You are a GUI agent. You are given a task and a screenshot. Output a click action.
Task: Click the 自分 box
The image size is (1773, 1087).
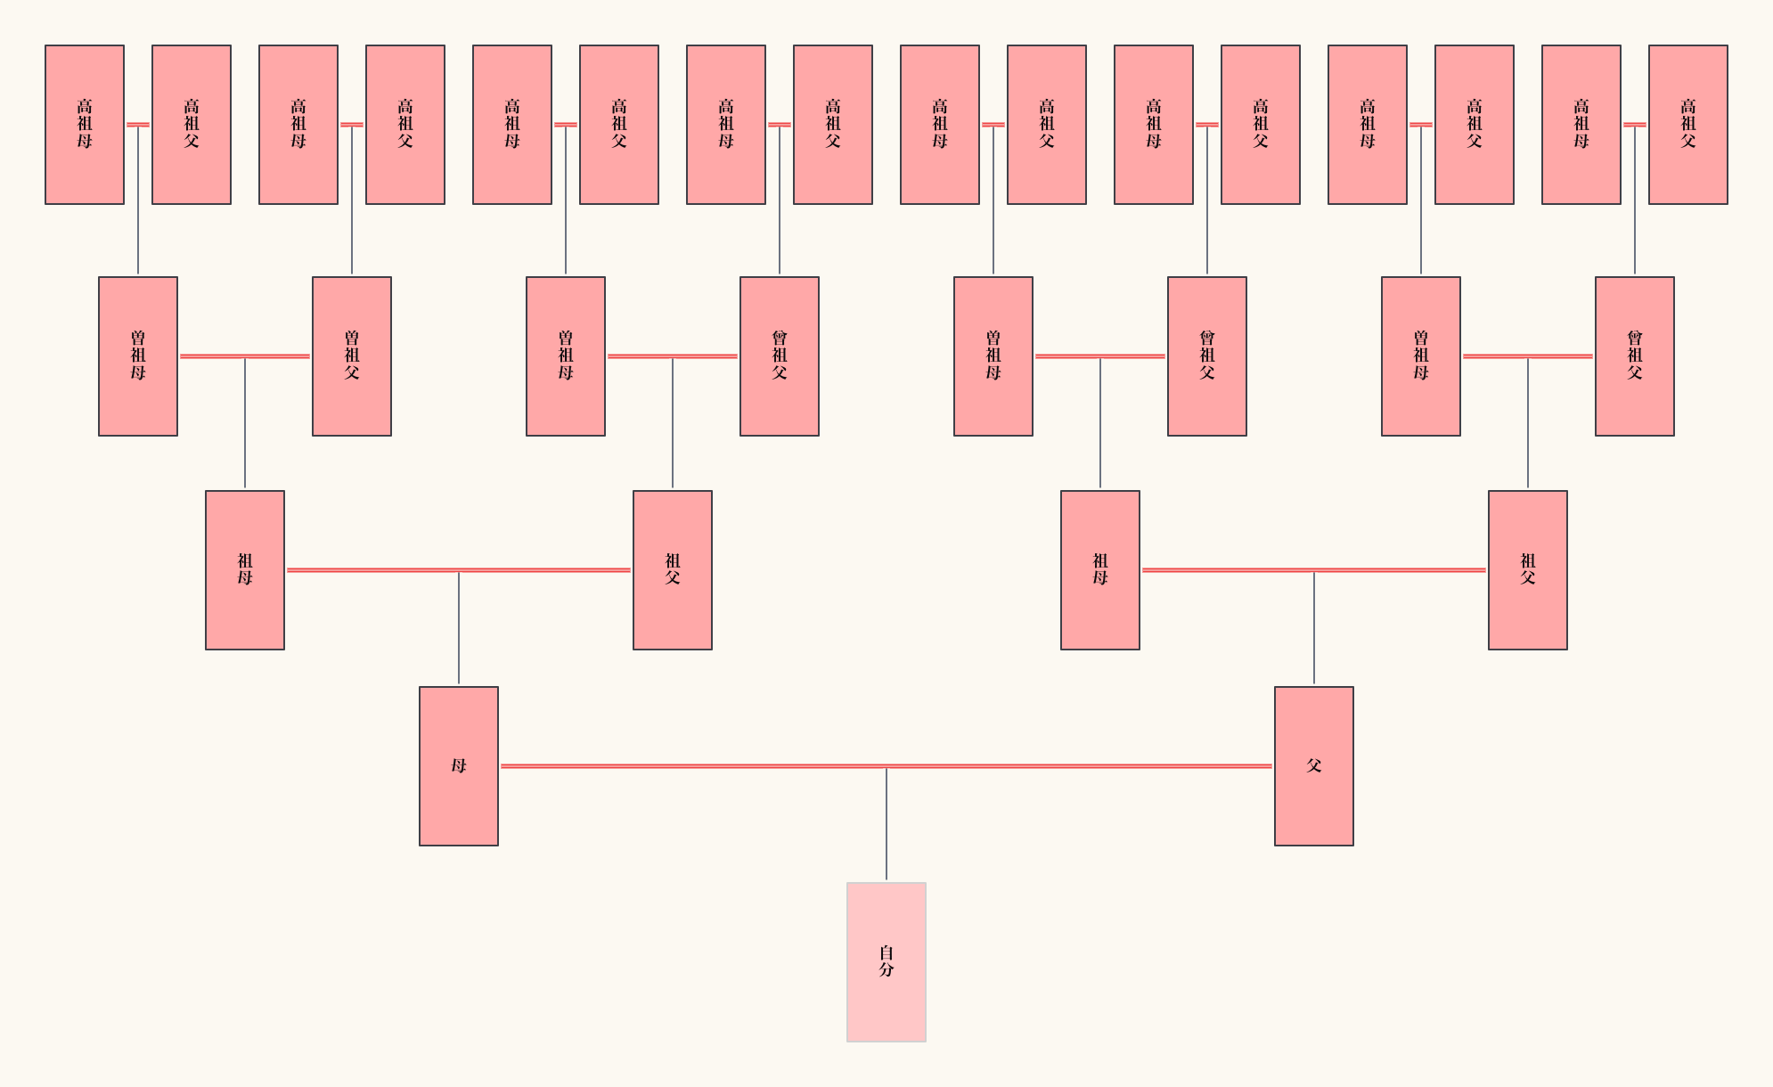pos(886,961)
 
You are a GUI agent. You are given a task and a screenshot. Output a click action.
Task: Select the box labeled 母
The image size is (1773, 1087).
pos(458,765)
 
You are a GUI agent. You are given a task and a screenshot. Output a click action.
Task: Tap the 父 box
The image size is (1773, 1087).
pos(1313,765)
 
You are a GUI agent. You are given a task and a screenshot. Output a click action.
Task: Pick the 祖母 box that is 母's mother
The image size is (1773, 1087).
pos(244,569)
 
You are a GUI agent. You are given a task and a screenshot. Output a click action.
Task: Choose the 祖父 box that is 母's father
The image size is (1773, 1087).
pos(672,569)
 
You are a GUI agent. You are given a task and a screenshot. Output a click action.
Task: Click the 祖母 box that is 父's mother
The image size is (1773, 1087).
pos(1099,569)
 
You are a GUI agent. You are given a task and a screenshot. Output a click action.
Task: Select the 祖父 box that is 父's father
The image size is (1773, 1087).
pos(1527,569)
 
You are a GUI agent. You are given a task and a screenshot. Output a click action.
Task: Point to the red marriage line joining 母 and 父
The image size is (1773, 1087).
pos(713,765)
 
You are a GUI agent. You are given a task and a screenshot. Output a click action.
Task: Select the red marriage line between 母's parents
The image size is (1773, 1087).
pos(374,569)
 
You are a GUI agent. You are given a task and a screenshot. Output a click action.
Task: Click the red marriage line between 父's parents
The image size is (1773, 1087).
pos(1230,569)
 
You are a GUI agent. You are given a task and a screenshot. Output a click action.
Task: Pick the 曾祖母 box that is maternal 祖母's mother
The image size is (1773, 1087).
pos(137,356)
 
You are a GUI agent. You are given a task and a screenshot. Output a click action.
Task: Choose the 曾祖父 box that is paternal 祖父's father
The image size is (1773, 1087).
pos(1634,356)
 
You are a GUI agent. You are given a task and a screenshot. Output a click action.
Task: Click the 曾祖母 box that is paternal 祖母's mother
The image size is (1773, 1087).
pos(993,356)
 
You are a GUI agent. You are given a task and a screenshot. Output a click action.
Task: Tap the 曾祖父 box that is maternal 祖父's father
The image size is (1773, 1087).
pos(779,356)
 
